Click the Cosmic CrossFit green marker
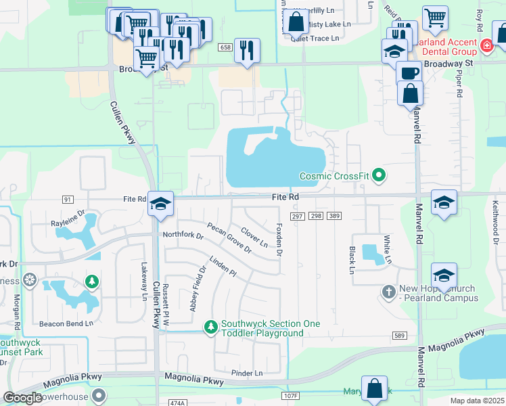(379, 176)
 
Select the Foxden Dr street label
(279, 240)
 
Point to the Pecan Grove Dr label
(229, 238)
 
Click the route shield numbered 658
(225, 47)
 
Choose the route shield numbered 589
(399, 336)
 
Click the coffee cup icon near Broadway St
(408, 72)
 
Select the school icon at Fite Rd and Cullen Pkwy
(161, 203)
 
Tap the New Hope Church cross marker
(388, 291)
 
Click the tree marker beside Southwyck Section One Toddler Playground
(211, 328)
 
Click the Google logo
(23, 398)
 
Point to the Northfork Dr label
(183, 235)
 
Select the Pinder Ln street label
(246, 373)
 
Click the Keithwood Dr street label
(495, 227)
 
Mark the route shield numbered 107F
(291, 395)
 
